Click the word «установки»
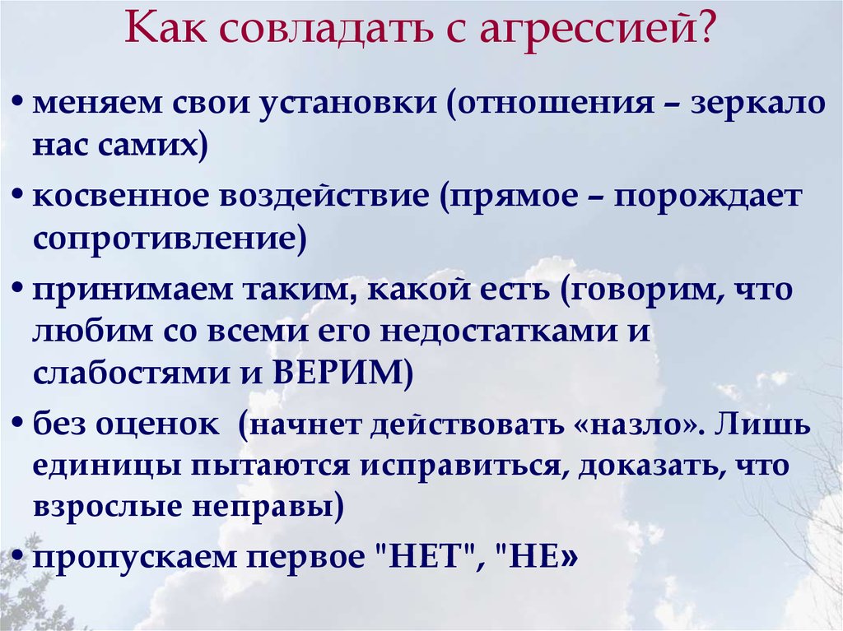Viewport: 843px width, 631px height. click(x=347, y=104)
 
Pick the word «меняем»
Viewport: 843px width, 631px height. click(x=97, y=103)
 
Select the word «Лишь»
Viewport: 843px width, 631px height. click(x=763, y=425)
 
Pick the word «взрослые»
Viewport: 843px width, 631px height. click(x=105, y=508)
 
